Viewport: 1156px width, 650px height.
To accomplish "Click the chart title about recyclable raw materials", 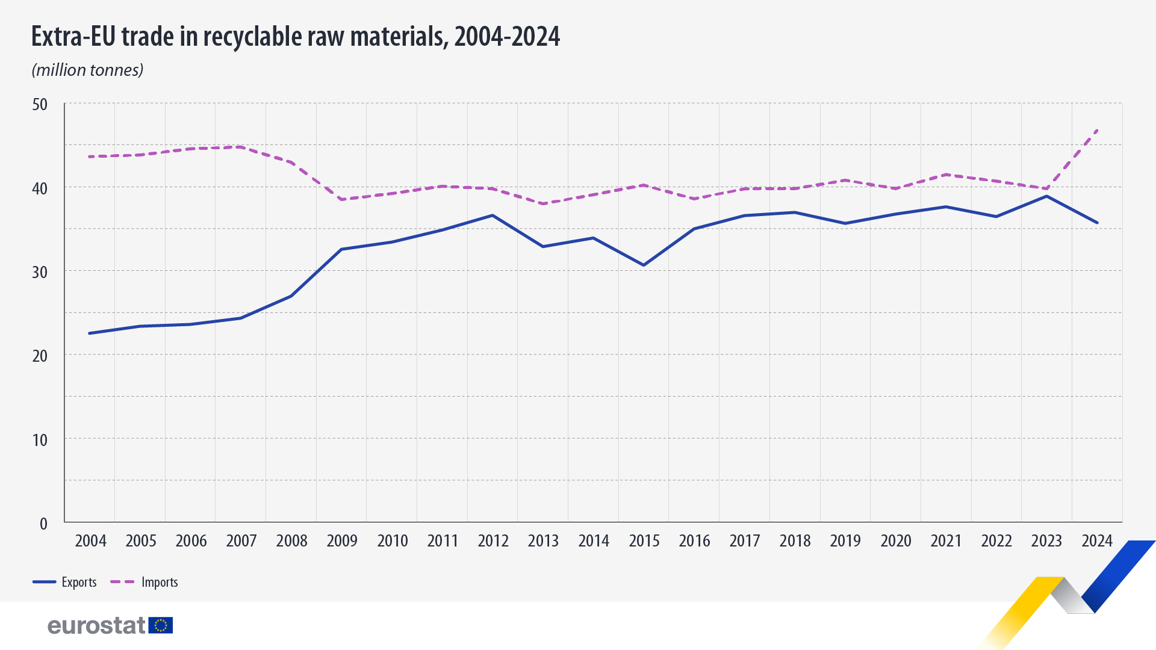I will pos(295,37).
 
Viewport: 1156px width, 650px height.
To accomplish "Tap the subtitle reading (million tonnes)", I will pos(87,70).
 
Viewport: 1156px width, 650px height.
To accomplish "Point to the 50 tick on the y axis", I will pos(40,105).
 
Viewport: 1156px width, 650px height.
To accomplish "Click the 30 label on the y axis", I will pos(40,272).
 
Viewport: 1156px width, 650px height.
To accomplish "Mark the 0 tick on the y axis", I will pos(43,524).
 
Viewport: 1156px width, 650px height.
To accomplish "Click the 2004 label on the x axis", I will pos(90,540).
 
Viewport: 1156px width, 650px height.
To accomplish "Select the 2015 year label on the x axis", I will pos(644,540).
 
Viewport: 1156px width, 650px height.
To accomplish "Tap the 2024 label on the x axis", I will pos(1097,540).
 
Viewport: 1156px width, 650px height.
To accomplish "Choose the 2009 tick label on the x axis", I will pos(342,540).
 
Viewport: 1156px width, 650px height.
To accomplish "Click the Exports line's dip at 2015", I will pos(644,265).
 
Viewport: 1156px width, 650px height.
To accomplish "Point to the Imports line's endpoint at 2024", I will pos(1097,130).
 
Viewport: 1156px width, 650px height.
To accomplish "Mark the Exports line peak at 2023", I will pos(1046,196).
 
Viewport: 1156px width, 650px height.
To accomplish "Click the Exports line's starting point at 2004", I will pos(90,333).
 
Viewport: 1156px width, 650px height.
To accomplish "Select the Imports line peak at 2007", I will pos(241,147).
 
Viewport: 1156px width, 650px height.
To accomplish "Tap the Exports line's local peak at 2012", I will pos(493,215).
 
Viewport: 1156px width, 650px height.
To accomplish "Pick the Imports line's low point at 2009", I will pos(342,199).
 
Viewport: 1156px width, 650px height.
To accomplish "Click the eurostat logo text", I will pos(96,625).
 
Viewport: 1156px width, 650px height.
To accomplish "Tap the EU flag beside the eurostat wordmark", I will pos(161,625).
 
